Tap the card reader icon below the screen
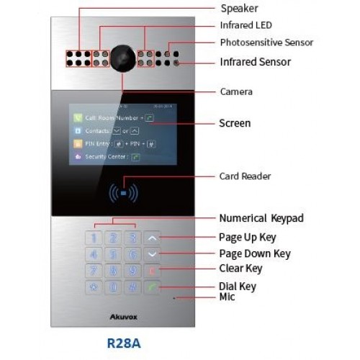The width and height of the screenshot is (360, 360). click(124, 192)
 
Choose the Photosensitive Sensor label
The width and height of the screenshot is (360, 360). click(266, 42)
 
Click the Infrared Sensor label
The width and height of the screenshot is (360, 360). click(255, 61)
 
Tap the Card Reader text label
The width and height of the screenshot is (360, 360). click(244, 176)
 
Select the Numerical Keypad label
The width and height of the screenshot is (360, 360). click(260, 218)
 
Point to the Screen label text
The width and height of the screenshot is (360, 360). click(235, 123)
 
